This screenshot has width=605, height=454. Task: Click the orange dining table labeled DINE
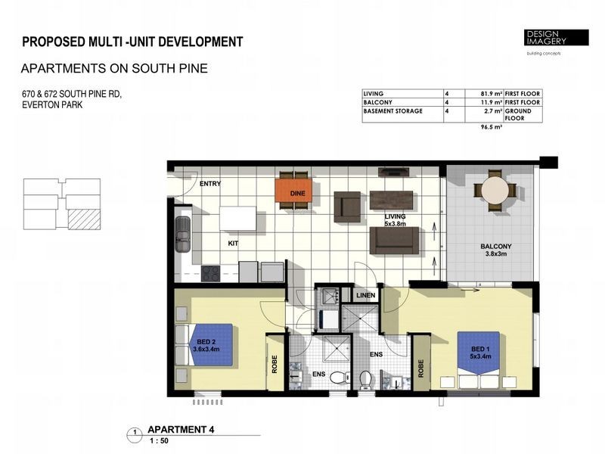tap(295, 193)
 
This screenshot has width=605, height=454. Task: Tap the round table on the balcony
tap(495, 189)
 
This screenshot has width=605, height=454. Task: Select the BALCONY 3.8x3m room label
tap(495, 250)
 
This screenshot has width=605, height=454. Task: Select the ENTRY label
tap(209, 184)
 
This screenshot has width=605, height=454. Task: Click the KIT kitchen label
tap(234, 244)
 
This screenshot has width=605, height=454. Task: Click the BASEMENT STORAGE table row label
tap(392, 111)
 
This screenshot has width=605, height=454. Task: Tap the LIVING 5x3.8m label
tap(395, 219)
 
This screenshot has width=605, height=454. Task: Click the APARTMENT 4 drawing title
tap(181, 429)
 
